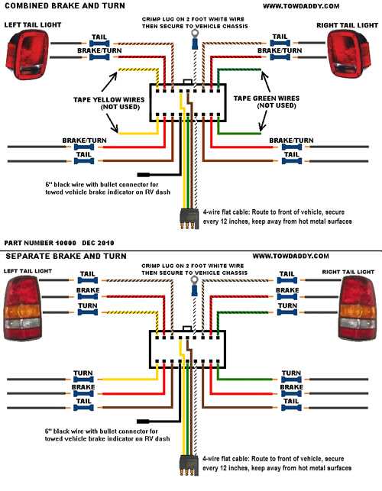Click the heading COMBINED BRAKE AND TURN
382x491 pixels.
pos(57,6)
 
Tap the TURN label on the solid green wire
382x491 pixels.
pos(290,374)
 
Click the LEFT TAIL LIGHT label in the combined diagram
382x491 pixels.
pos(32,26)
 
